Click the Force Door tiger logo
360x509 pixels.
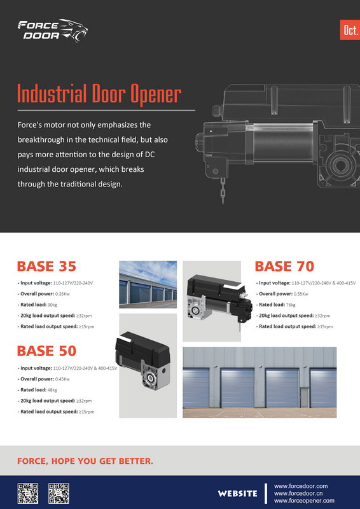pos(53,31)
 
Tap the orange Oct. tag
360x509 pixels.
pos(350,30)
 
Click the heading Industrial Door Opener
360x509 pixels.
pos(99,94)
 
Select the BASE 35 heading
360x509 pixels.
pos(46,267)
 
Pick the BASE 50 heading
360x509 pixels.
pos(46,351)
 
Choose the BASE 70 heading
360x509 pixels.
pos(284,267)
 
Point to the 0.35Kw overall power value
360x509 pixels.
pos(62,294)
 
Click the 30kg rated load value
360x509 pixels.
pos(52,305)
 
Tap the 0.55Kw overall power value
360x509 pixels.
pos(301,294)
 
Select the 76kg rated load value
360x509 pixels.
pos(291,305)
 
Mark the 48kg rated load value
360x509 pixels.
pos(52,390)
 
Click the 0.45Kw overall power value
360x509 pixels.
pos(62,379)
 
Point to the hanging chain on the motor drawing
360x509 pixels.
pos(223,190)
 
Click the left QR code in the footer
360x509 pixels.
pos(28,494)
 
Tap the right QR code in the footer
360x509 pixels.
pos(59,494)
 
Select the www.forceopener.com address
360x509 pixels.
pos(304,501)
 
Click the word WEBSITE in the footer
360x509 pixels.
pos(238,494)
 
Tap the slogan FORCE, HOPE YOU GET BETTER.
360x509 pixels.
pos(85,461)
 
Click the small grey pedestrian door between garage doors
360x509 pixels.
pos(305,397)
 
